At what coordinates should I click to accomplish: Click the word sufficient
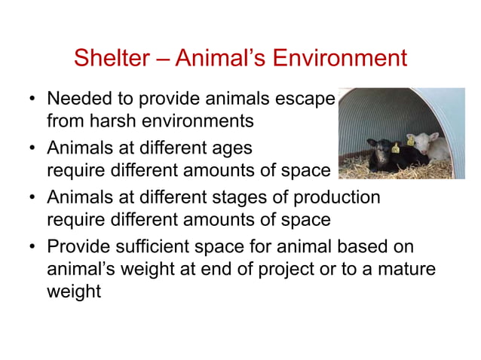coord(157,246)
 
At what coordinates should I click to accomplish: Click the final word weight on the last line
coord(73,291)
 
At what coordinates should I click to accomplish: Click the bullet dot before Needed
coord(32,100)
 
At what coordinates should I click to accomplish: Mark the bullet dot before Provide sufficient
coord(32,247)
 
